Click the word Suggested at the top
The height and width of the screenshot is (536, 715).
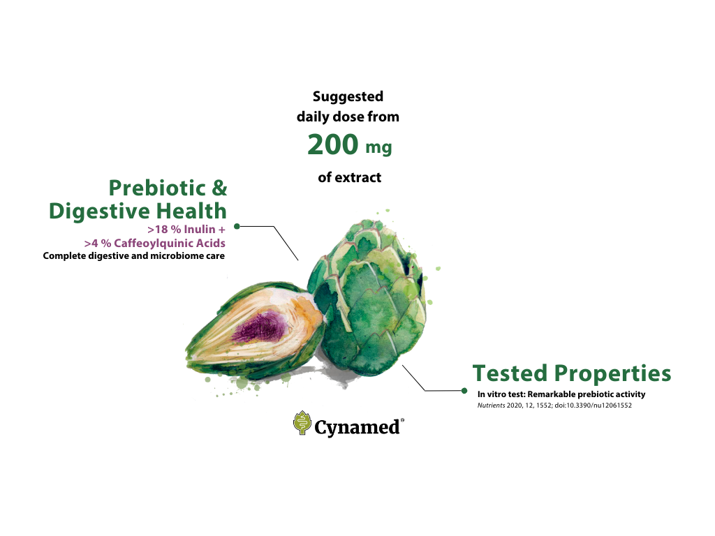348,97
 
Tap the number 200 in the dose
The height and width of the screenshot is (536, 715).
333,144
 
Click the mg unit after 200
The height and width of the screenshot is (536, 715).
378,148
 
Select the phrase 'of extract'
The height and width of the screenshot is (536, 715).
349,177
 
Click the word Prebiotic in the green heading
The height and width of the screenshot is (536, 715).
157,188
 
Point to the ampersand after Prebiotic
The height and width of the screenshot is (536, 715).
219,188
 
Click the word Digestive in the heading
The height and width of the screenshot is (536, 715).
99,211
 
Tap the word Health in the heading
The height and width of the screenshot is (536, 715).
191,211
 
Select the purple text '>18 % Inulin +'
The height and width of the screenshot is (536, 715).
186,229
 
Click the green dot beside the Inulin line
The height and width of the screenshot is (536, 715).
237,226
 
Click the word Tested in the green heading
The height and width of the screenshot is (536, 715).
510,373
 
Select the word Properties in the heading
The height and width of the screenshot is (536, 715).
612,374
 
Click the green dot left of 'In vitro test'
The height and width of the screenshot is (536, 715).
464,391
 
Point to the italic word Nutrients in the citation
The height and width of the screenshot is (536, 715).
491,405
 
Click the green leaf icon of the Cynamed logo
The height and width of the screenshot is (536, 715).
302,423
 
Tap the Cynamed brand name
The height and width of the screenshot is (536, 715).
357,428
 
